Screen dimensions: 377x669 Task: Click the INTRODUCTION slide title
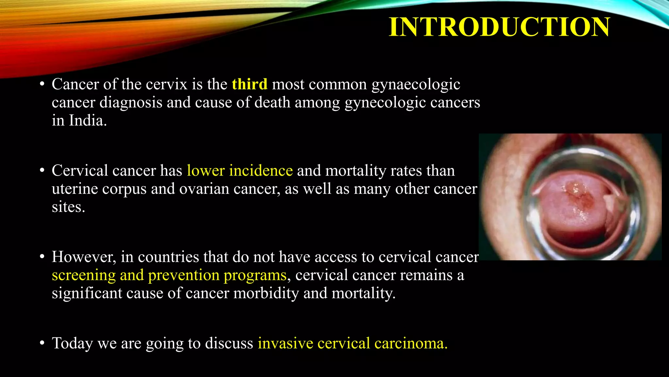coord(499,27)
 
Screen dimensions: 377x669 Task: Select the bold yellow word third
coord(250,84)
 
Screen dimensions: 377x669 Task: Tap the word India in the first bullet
coord(87,120)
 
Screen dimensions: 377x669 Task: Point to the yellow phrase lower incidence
coord(240,171)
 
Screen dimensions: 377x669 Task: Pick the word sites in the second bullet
coord(68,207)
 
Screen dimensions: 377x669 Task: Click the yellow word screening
coord(84,275)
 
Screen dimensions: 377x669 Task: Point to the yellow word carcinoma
coord(411,344)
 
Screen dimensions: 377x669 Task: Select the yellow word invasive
coord(286,344)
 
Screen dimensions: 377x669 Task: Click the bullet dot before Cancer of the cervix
coord(41,84)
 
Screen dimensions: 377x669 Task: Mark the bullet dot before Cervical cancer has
coord(41,171)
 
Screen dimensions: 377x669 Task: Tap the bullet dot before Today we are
coord(41,343)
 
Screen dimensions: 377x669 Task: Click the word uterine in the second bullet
coord(75,189)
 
